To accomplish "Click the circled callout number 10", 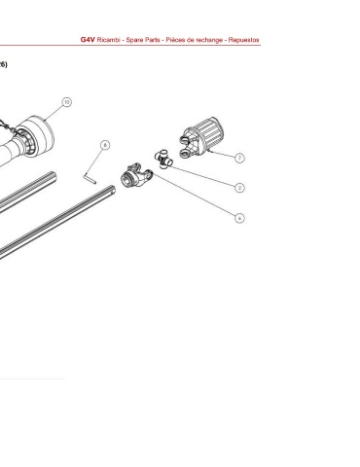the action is point(66,102).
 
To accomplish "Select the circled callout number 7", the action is point(239,158).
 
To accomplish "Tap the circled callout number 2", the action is point(239,188).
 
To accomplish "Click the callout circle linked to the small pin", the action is point(105,145).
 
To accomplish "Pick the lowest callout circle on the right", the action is point(239,218).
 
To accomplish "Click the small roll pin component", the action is point(90,179).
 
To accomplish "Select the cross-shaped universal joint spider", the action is point(163,159).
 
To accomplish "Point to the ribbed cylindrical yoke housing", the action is point(201,138).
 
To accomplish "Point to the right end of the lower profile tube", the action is point(112,190).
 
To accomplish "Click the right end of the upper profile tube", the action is point(54,176).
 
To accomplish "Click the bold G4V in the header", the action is point(88,40).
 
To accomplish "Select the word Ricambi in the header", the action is point(108,40).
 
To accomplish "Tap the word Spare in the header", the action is point(133,40).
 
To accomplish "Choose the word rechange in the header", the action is point(209,40).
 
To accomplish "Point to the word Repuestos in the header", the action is point(243,40).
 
